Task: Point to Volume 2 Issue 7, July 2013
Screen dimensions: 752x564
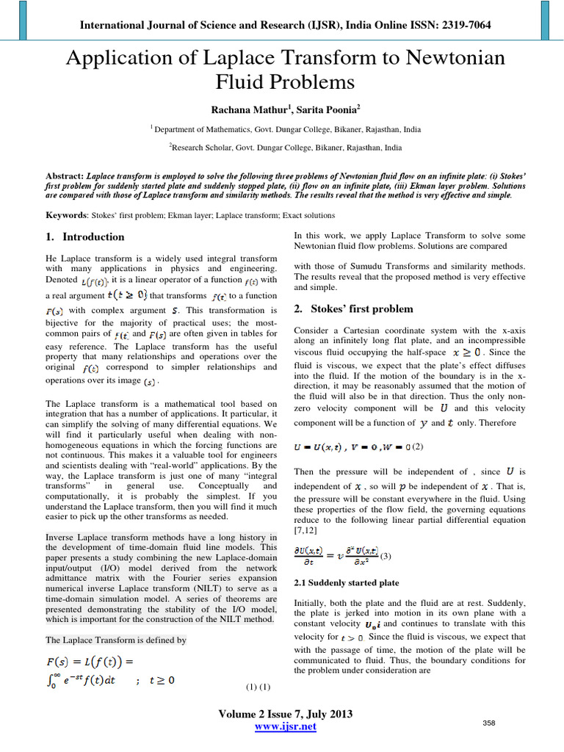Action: [x=285, y=714]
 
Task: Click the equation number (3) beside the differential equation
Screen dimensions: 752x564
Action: [x=386, y=556]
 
